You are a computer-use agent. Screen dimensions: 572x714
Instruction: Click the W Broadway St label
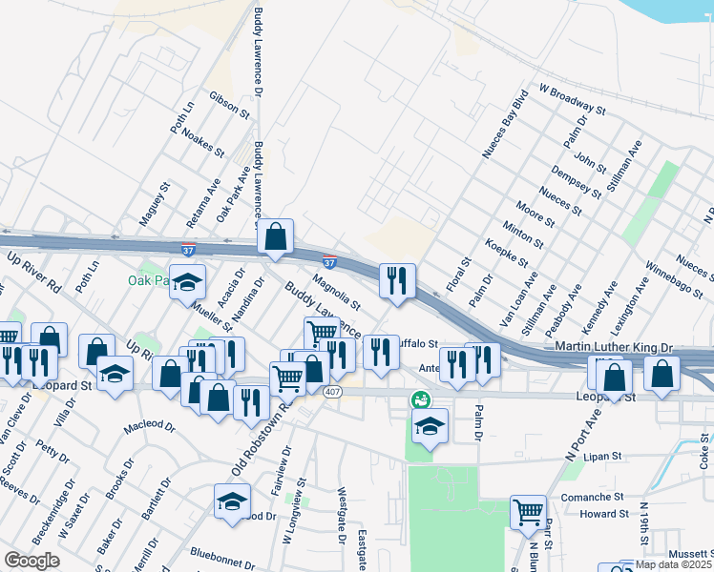[x=573, y=99]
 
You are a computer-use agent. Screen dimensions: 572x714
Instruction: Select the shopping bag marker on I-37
[x=275, y=237]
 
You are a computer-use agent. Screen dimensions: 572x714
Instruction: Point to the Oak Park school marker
[x=188, y=282]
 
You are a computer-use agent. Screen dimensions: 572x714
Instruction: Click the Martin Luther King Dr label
[x=627, y=350]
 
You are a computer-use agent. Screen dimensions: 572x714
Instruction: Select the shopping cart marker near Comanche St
[x=528, y=513]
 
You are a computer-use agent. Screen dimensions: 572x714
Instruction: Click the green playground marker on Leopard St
[x=419, y=398]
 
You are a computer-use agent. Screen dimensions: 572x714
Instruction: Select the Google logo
[x=31, y=561]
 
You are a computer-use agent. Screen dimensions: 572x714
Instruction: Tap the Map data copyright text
[x=672, y=564]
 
